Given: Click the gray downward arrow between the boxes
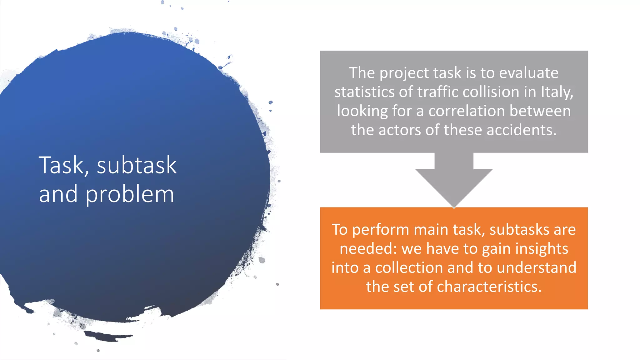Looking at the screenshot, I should pyautogui.click(x=454, y=181).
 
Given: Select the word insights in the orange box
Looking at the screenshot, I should pyautogui.click(x=542, y=249).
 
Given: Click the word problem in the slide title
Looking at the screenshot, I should pyautogui.click(x=130, y=195).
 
